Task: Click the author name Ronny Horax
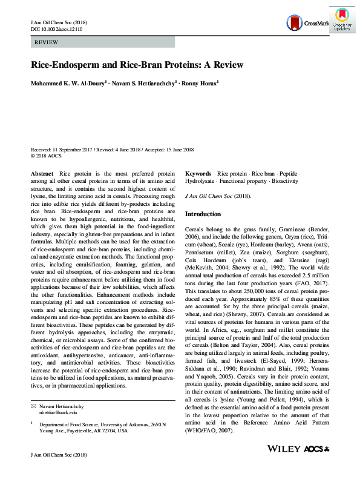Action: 201,84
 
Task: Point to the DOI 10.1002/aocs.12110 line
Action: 54,29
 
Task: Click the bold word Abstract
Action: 42,173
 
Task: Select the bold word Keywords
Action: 198,173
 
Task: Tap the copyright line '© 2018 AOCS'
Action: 47,156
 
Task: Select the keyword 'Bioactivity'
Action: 284,180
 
